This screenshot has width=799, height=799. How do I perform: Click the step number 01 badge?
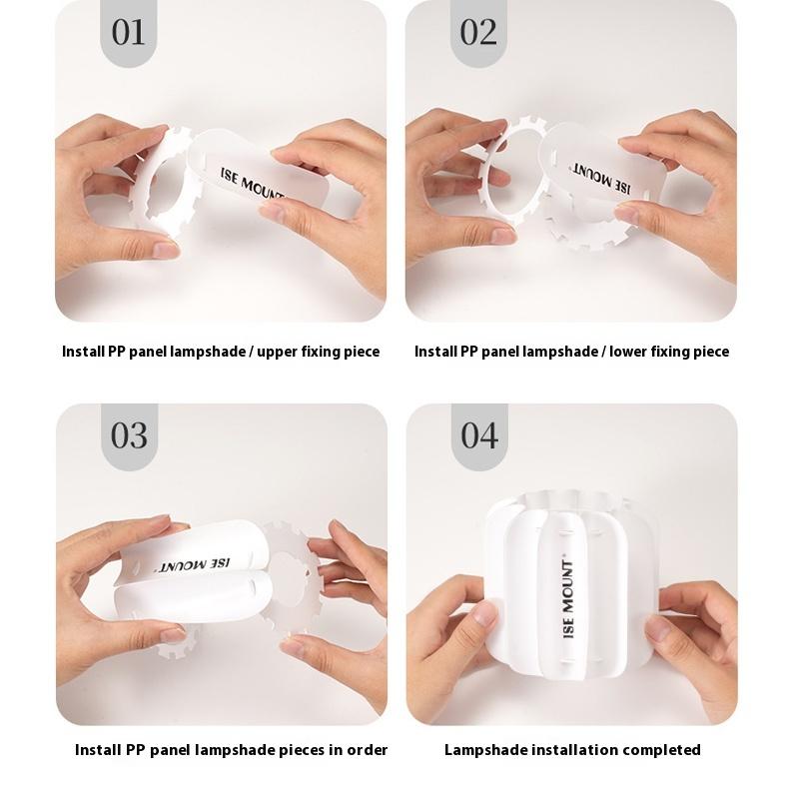coord(129,33)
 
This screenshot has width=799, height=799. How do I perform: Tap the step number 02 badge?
coord(478,33)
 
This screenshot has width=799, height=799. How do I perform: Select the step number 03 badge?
coord(129,436)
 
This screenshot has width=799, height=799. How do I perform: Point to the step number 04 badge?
coord(479,436)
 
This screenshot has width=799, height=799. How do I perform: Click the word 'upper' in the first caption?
coord(277,353)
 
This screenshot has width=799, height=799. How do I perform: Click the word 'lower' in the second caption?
coord(628,352)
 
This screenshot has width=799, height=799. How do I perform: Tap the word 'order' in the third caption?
coord(367,750)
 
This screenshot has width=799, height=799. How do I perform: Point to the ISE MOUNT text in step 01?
coord(252,184)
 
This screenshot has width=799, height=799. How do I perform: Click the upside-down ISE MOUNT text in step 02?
coord(600,179)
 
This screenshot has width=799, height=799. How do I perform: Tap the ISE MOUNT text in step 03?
coord(193,565)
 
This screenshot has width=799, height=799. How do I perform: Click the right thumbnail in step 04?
coord(658,628)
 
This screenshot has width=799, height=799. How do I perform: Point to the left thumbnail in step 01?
coord(166,250)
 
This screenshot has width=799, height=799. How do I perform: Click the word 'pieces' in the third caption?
coord(302,751)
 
